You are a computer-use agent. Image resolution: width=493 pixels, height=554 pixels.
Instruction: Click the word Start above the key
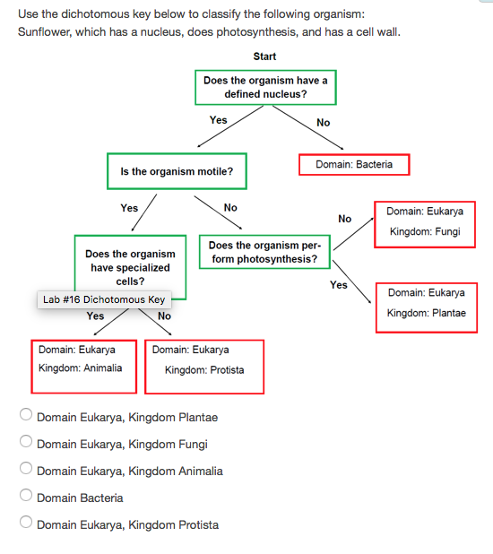tap(264, 56)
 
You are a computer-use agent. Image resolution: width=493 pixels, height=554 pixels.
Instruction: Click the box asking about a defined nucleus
tap(265, 87)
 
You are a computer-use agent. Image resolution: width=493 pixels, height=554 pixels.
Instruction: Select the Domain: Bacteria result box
tap(353, 165)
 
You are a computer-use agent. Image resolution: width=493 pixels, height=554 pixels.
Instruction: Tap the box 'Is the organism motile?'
tap(176, 171)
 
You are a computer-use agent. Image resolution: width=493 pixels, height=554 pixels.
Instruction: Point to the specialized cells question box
tap(130, 265)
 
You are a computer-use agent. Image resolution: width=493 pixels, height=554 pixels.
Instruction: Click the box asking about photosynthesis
tap(264, 252)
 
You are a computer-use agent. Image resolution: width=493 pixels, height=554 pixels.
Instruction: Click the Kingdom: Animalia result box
tap(83, 366)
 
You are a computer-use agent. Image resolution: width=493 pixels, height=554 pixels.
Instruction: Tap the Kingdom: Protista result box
tap(203, 366)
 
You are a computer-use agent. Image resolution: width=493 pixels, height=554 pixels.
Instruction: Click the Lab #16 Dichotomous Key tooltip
tap(103, 299)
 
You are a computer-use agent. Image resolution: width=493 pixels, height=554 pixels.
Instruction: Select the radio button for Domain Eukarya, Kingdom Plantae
tap(26, 417)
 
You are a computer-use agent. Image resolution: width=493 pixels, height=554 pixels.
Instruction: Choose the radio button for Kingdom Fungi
tap(26, 444)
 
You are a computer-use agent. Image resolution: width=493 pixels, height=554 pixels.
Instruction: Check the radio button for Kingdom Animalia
tap(26, 471)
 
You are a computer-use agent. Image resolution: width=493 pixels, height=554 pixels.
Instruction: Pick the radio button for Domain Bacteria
tap(26, 498)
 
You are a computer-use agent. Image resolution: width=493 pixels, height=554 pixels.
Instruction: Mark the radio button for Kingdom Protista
tap(26, 524)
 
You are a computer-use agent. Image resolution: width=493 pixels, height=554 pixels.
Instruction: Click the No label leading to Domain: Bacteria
tap(324, 123)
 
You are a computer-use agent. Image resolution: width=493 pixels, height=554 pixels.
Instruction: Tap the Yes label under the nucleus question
tap(218, 120)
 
